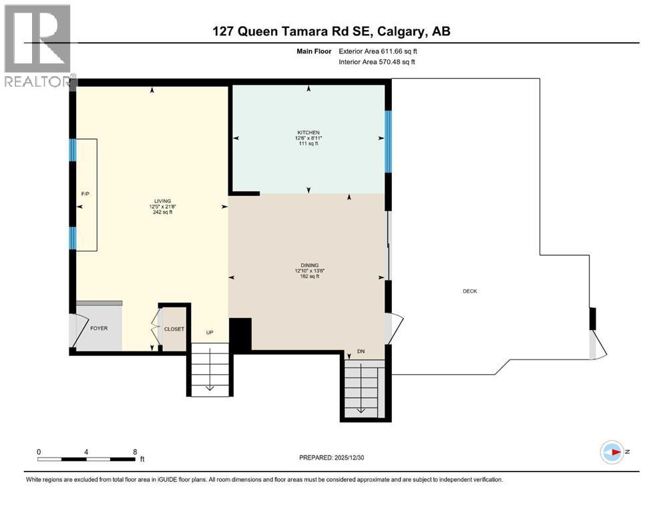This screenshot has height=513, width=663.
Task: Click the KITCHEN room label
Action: point(308,132)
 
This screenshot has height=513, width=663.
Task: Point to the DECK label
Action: point(470,291)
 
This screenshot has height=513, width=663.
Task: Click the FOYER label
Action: point(98,329)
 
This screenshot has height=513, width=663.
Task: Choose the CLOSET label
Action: point(174,329)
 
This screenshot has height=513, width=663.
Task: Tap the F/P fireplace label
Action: point(85,194)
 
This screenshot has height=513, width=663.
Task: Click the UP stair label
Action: point(209,332)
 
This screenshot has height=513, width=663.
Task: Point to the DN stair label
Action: point(361,352)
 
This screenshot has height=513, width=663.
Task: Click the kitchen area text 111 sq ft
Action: point(308,144)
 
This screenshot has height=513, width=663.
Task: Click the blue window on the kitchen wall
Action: point(387,141)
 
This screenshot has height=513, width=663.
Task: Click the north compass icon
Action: point(612,452)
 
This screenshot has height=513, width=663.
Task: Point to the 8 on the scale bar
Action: point(135,451)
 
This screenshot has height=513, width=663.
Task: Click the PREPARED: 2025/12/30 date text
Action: point(332,458)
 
